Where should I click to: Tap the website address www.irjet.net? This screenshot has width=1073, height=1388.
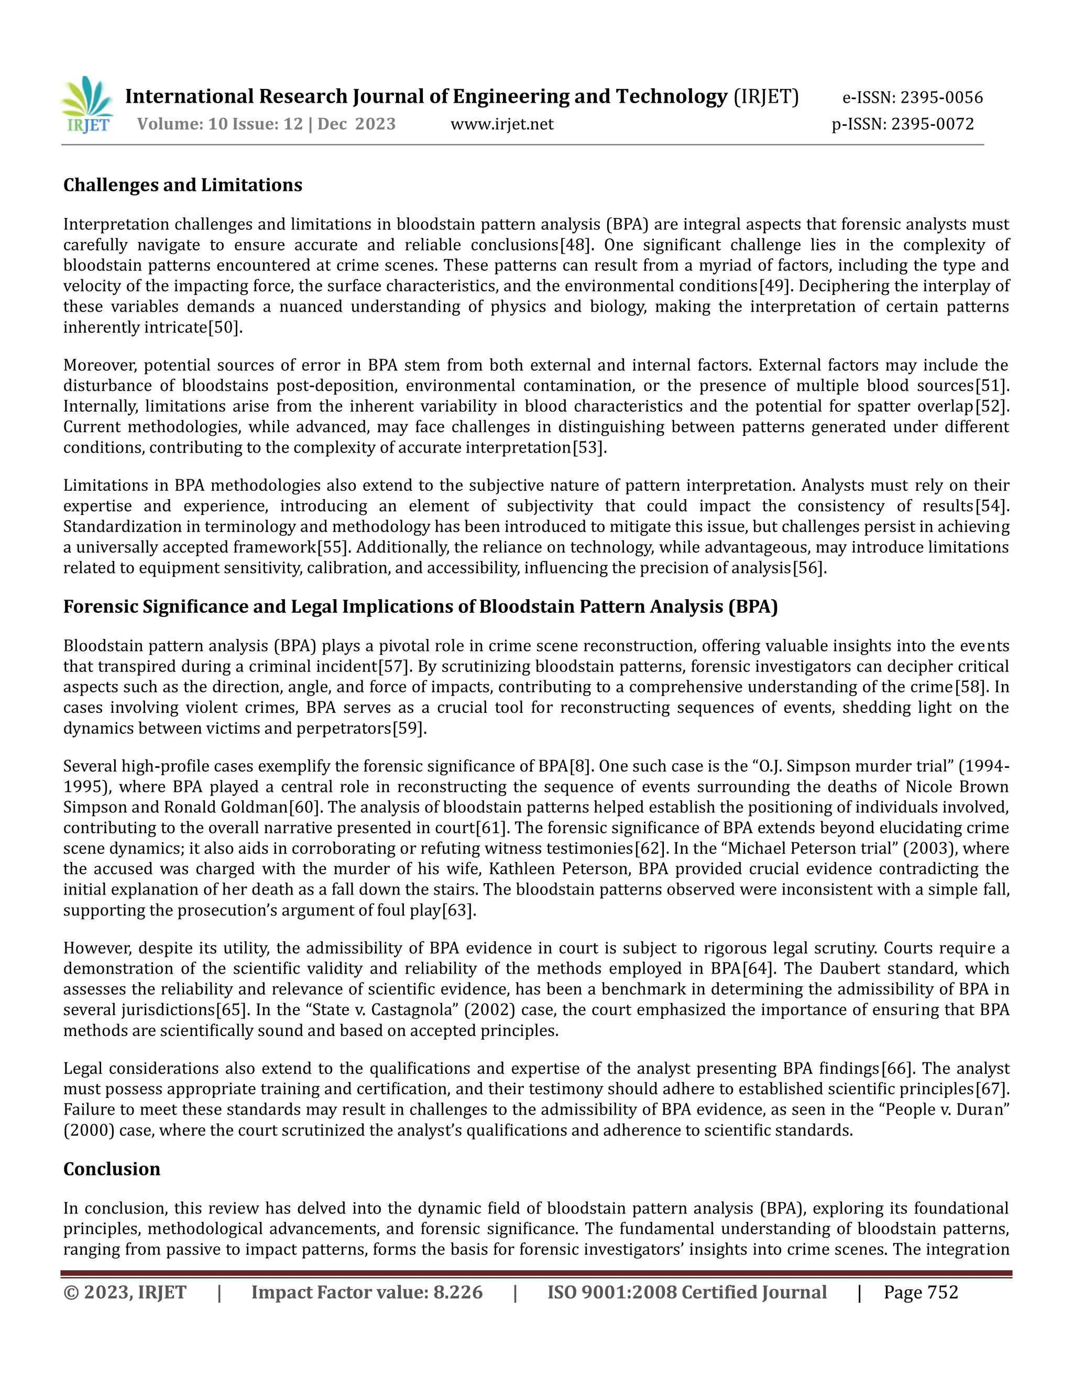(501, 124)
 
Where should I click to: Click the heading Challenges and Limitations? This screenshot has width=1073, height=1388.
(182, 185)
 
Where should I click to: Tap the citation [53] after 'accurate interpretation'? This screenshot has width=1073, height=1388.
(588, 447)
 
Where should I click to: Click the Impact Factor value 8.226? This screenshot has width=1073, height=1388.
(458, 1293)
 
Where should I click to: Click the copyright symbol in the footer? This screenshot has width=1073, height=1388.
(70, 1293)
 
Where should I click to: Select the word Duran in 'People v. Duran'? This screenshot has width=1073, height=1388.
(987, 1110)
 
